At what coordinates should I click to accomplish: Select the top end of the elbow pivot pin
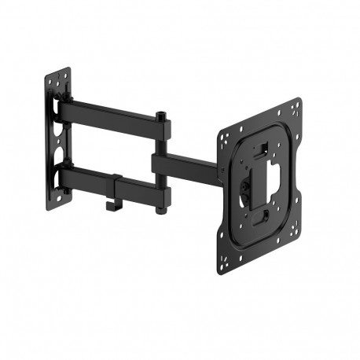coord(160,115)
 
